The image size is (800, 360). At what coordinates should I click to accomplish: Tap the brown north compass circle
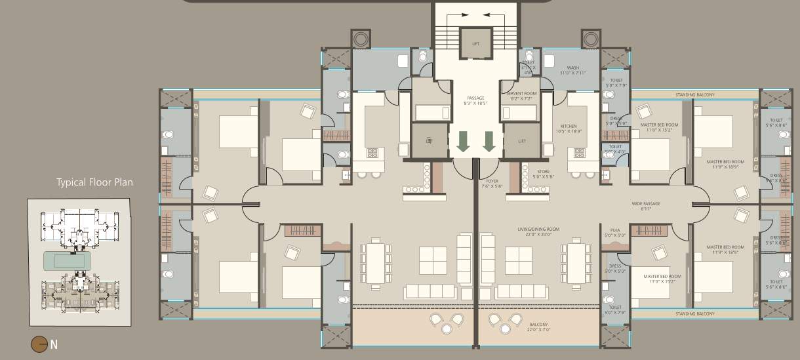click(x=39, y=344)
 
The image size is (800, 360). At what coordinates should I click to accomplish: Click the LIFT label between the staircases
click(x=475, y=44)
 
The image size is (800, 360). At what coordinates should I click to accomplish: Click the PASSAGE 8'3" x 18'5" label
click(x=475, y=101)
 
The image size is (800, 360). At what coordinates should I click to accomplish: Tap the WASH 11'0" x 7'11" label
click(x=573, y=70)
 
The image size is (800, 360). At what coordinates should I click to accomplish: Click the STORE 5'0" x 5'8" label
click(x=543, y=173)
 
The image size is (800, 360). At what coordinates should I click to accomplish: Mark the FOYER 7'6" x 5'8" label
click(x=492, y=184)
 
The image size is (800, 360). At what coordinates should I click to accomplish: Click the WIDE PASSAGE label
click(x=646, y=206)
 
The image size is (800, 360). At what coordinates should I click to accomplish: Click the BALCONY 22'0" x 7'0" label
click(x=538, y=326)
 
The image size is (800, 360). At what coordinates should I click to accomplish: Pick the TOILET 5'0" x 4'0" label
click(x=615, y=149)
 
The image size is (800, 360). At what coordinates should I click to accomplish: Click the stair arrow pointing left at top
click(x=491, y=14)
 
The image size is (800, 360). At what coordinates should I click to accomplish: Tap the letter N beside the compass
click(x=54, y=344)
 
